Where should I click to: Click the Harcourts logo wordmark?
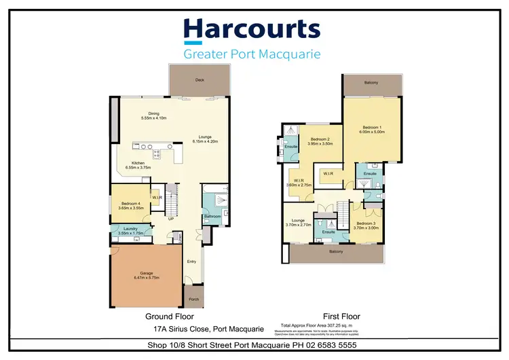tap(252, 30)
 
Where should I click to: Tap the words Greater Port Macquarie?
tap(252, 54)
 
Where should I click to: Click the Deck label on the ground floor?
tap(200, 80)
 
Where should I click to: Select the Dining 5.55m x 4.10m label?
tap(153, 116)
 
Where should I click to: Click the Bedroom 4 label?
tap(130, 205)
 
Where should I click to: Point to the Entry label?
tap(192, 261)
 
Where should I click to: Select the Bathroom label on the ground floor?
tap(211, 217)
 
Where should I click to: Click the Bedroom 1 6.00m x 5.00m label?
tap(373, 130)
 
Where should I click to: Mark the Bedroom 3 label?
tap(366, 225)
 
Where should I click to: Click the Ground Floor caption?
tap(170, 317)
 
